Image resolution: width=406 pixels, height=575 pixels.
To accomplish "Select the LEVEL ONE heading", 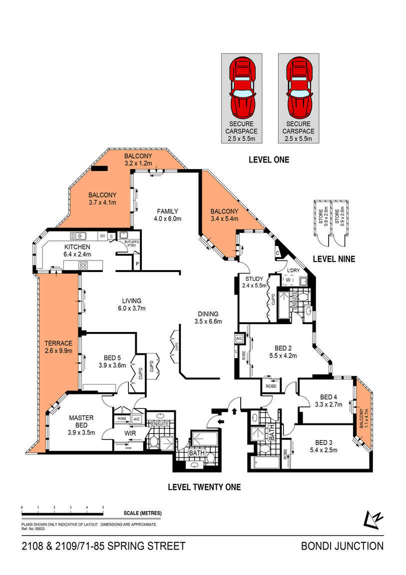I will click(269, 160).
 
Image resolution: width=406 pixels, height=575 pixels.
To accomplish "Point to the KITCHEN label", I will click(77, 247).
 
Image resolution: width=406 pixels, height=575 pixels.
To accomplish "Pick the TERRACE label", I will click(58, 343).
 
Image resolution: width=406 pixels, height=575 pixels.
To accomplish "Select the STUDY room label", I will click(247, 278).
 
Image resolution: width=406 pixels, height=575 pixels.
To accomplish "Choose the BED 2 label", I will click(283, 348).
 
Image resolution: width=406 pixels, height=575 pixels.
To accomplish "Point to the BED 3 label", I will click(324, 442).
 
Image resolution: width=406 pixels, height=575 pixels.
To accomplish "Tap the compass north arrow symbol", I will click(373, 518).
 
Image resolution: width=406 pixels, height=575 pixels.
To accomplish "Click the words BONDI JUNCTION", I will click(342, 546).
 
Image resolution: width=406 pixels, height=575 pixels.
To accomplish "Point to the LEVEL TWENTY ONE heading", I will click(204, 486).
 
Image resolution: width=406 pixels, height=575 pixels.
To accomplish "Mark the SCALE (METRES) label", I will click(142, 513).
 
